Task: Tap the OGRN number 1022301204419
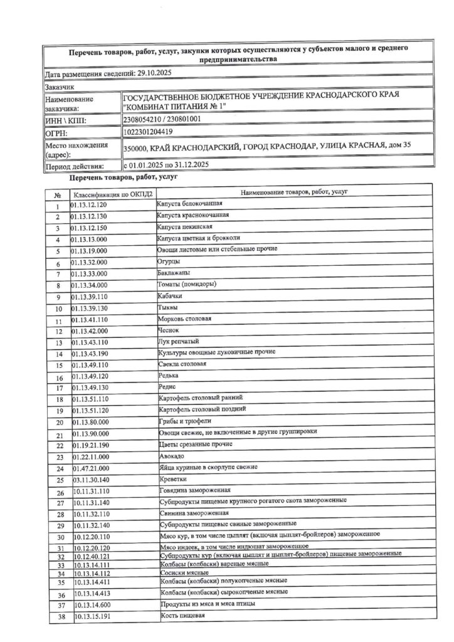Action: point(149,132)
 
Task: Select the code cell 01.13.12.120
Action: point(90,205)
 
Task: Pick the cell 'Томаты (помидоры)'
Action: point(187,285)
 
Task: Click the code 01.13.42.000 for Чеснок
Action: point(90,330)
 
